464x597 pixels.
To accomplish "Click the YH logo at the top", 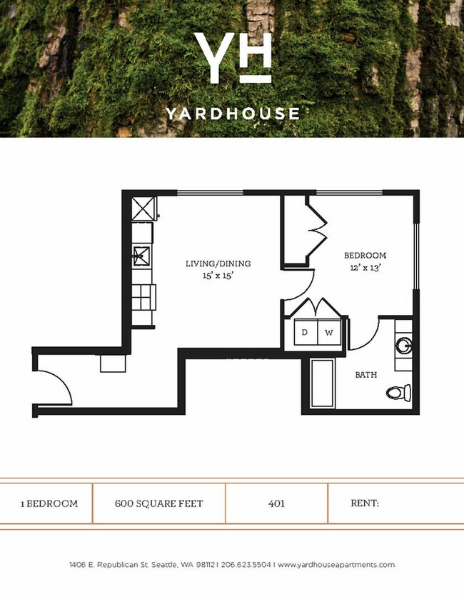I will [232, 58].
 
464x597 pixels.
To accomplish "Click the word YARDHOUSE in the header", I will [232, 113].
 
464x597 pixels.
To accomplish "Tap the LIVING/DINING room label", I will [218, 264].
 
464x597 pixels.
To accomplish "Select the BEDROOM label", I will [365, 255].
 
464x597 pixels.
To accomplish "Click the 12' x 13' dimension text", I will [365, 268].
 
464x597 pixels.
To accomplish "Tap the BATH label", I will [366, 374].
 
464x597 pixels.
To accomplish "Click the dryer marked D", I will [304, 332].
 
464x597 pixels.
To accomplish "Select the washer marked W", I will [329, 332].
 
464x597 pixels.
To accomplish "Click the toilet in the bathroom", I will [398, 392].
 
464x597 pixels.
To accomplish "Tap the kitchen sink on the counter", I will [142, 255].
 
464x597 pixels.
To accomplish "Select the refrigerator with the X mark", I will [144, 209].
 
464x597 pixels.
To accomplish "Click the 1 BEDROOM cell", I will [49, 503].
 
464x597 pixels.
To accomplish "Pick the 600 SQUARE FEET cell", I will [158, 503].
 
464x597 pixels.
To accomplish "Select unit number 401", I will [276, 503].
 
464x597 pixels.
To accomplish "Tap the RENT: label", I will [364, 503].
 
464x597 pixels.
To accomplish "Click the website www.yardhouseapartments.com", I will [336, 565].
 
